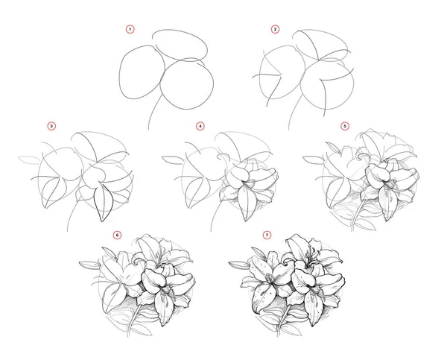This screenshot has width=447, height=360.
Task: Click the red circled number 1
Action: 130,29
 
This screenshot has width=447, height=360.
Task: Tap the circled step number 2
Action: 275,29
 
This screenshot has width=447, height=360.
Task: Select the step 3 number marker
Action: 51,126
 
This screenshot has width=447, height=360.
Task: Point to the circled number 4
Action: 200,126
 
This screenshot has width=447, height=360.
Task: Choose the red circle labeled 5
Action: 345,126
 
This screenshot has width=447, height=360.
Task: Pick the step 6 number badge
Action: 117,235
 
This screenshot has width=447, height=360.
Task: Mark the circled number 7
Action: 267,235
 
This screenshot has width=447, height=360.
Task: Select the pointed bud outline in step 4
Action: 173,160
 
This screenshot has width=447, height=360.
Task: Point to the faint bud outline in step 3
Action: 28,160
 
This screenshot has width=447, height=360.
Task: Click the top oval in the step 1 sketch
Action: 180,45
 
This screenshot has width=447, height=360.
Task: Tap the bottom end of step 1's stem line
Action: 148,129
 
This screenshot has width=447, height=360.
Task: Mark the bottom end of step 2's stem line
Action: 289,129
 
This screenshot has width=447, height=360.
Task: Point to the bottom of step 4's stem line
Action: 211,231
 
